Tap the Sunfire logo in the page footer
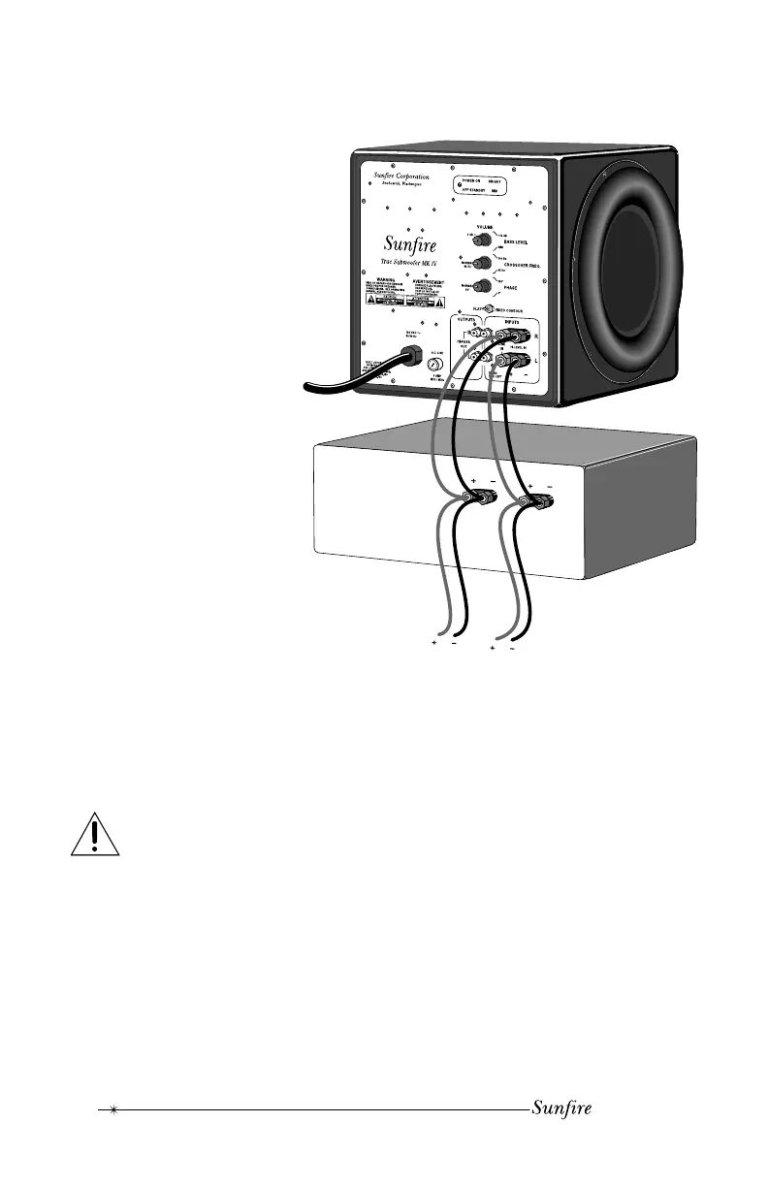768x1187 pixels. [x=561, y=1108]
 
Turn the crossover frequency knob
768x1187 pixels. [x=476, y=262]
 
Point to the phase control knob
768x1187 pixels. [x=476, y=285]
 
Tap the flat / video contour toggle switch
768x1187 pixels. [x=490, y=310]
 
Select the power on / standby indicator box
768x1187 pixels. [x=489, y=185]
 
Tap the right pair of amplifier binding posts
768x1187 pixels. [x=538, y=502]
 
